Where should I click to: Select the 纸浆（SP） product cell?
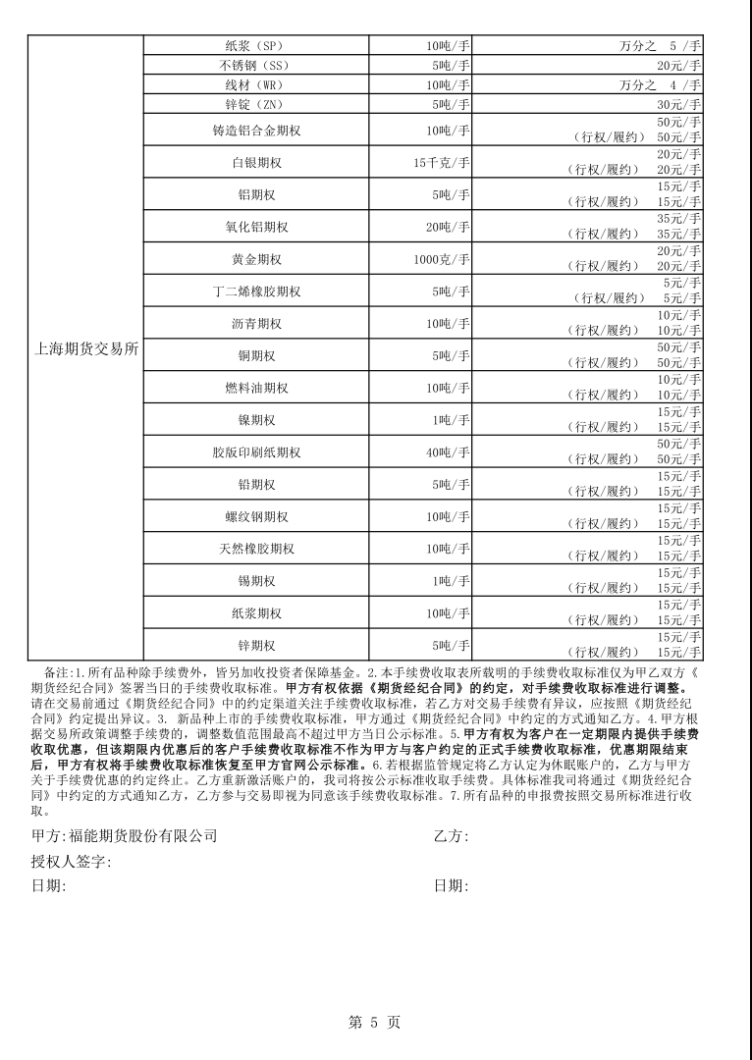pos(256,45)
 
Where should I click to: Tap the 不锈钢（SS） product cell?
pos(256,65)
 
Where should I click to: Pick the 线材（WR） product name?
pos(256,84)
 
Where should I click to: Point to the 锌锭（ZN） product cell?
pos(256,104)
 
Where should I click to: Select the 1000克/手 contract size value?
pos(442,259)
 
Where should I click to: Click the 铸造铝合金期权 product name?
pos(256,131)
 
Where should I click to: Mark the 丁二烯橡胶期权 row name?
pos(256,291)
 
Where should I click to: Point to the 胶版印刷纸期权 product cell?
pos(256,452)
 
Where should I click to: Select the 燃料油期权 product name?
pos(256,388)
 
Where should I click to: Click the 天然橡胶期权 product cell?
pos(256,549)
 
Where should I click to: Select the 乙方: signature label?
pos(451,836)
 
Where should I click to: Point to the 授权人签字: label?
pos(71,862)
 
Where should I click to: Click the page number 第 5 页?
pos(375,1023)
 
